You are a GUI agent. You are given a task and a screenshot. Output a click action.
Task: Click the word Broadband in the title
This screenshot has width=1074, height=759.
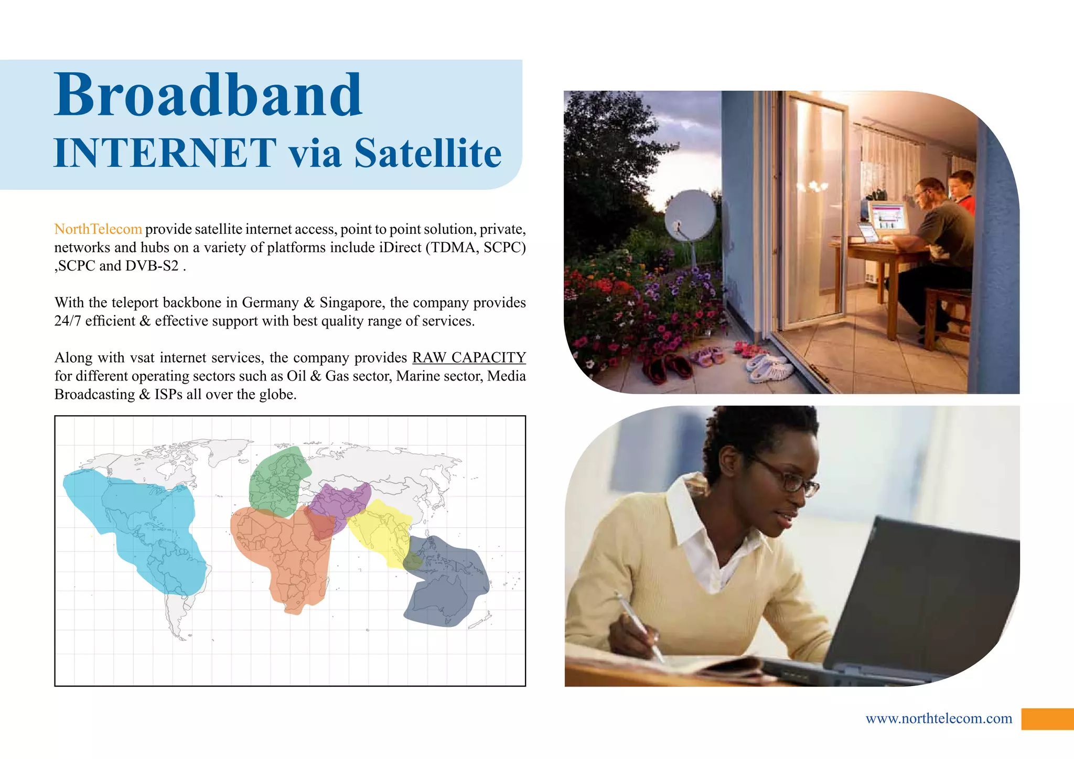208,95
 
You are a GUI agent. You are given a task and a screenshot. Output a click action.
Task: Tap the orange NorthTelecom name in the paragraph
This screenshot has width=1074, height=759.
98,229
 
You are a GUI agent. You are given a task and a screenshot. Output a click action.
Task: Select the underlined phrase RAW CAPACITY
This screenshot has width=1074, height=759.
469,357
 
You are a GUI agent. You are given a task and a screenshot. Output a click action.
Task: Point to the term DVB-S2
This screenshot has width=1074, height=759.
152,266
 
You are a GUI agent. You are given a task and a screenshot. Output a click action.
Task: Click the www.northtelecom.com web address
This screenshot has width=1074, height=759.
939,718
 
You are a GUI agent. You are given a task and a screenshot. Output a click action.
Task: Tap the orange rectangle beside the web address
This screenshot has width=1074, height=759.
1047,719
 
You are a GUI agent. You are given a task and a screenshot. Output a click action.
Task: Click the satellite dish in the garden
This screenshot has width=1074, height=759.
690,216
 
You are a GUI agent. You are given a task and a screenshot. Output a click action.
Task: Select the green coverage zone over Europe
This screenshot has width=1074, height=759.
277,480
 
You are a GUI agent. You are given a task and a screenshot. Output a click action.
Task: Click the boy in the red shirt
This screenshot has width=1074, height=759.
964,191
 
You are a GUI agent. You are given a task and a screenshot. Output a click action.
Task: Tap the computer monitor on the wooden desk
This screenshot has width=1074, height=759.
887,217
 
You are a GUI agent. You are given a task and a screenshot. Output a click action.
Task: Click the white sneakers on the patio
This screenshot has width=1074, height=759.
769,366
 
